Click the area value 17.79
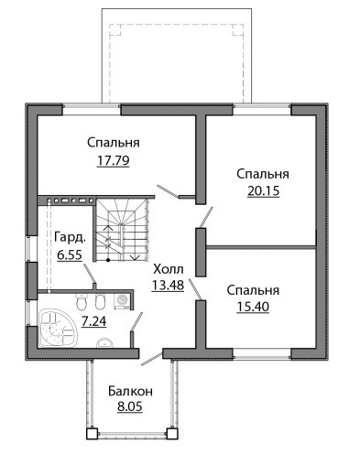[113, 160]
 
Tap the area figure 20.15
[263, 191]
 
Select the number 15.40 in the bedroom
[253, 307]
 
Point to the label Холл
[169, 269]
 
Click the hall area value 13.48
[168, 285]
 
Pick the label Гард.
[70, 238]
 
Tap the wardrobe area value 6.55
[70, 254]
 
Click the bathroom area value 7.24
[93, 321]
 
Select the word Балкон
[130, 391]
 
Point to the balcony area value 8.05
[130, 406]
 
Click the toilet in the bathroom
[81, 301]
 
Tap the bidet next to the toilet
[100, 301]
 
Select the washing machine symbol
[122, 301]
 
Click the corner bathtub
[58, 328]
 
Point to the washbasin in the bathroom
[105, 343]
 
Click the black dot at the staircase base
[108, 260]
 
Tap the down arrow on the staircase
[135, 257]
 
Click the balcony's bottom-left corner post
[92, 434]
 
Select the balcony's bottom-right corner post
[172, 434]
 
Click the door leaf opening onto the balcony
[151, 359]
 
